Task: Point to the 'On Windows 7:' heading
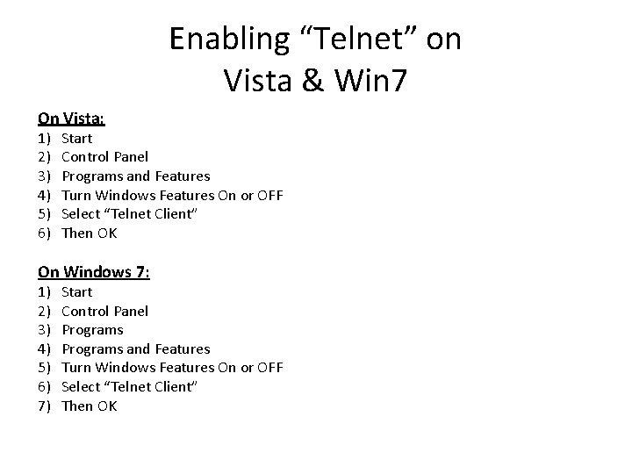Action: click(94, 272)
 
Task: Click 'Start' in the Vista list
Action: click(77, 138)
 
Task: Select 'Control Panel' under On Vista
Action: click(104, 157)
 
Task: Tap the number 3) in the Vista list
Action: click(44, 176)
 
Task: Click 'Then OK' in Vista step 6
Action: click(89, 233)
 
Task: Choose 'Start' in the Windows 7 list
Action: click(77, 291)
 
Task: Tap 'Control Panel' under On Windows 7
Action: click(104, 311)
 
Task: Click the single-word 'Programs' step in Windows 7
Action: click(92, 330)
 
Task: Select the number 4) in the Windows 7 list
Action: click(44, 349)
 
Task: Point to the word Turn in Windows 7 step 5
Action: click(76, 368)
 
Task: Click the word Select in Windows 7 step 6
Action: click(80, 387)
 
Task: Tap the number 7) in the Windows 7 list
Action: click(44, 406)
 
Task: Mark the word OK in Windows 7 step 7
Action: click(106, 406)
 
